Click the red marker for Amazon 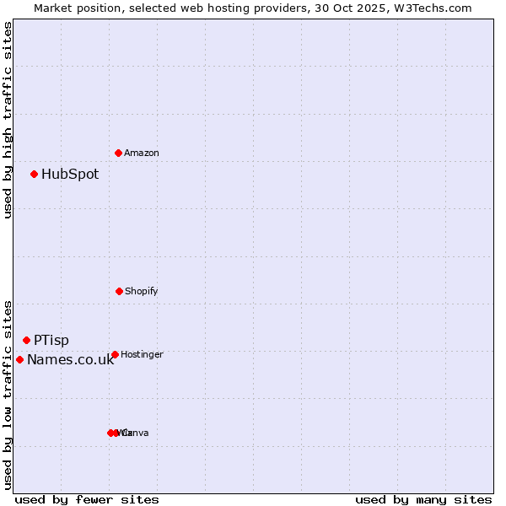118,153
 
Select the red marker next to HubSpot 34,174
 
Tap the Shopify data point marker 119,291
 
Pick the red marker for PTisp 26,340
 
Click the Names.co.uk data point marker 19,359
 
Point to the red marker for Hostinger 115,354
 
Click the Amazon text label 142,153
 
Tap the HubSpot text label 70,175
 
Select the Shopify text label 142,291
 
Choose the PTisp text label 51,341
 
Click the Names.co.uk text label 70,360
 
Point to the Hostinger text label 142,355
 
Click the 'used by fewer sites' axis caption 87,499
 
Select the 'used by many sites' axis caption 423,499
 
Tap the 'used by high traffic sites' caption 8,120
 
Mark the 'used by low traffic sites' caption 8,395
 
